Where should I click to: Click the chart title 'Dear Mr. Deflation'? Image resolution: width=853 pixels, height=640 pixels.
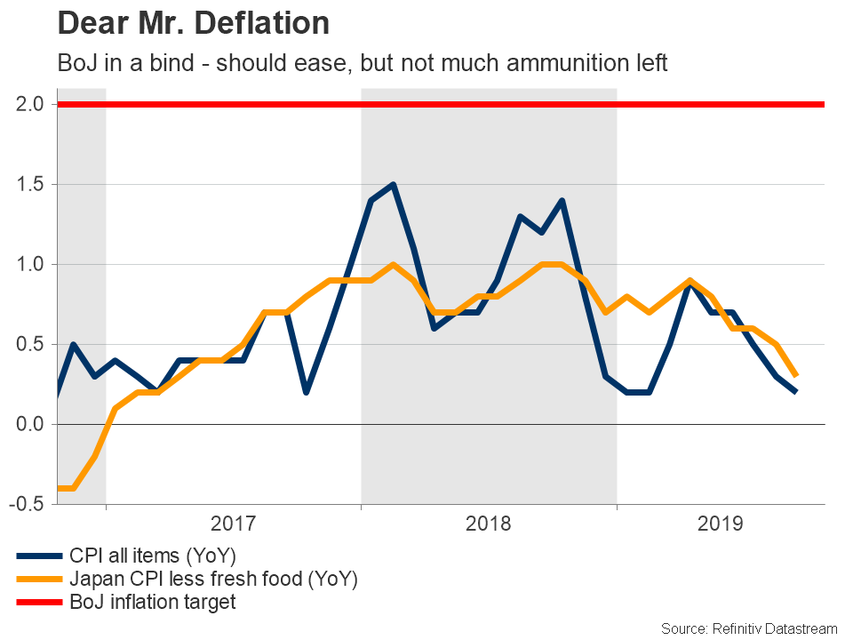coord(193,23)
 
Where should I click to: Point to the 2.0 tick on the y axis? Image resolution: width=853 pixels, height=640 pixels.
coord(31,105)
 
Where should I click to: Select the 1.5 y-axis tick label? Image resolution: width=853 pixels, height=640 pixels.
coord(31,185)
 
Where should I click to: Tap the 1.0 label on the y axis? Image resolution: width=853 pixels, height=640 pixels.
coord(31,265)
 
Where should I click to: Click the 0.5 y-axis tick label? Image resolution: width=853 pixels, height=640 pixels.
coord(31,345)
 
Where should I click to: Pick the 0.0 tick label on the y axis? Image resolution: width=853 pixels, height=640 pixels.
coord(31,425)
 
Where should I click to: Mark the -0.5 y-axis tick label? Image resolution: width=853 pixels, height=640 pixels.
coord(28,504)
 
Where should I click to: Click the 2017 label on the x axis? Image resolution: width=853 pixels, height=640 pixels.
coord(233,523)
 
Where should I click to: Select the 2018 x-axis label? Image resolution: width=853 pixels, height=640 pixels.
coord(489,523)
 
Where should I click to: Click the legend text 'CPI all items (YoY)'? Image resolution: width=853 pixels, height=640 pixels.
coord(152,556)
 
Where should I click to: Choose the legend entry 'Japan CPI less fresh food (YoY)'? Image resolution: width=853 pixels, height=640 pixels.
coord(212,580)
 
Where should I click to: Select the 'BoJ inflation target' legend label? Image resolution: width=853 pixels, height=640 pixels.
coord(152,602)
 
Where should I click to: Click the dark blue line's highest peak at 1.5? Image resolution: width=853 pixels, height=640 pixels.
coord(393,185)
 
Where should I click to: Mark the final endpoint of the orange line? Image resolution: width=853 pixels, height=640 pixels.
coord(795,376)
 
